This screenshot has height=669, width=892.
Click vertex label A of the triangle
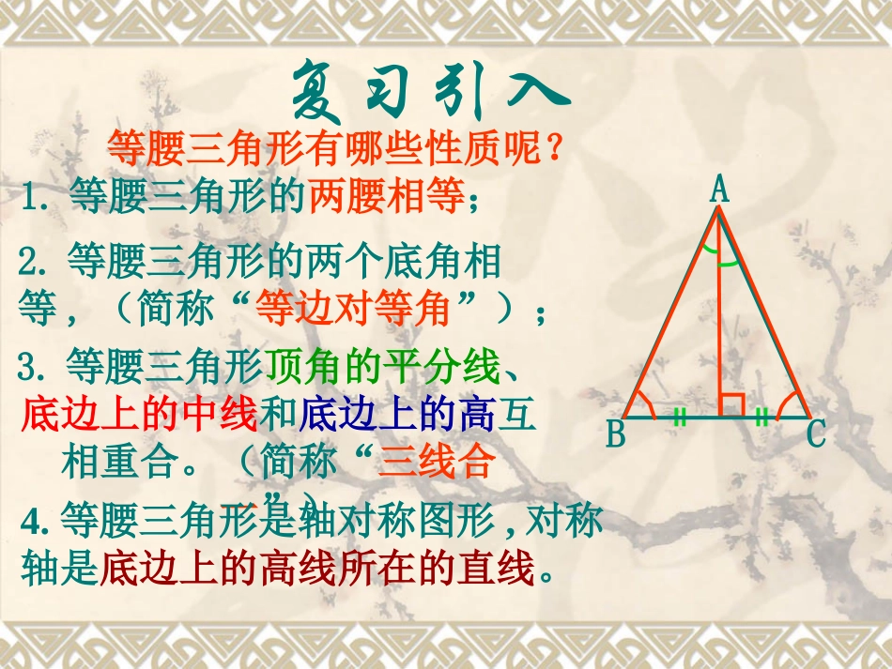pyautogui.click(x=719, y=190)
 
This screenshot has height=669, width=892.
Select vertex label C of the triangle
pyautogui.click(x=817, y=434)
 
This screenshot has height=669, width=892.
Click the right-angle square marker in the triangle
pyautogui.click(x=731, y=405)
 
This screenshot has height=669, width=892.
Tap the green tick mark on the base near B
pyautogui.click(x=680, y=418)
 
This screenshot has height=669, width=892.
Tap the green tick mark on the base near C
pyautogui.click(x=761, y=418)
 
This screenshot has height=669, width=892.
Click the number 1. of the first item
pyautogui.click(x=38, y=199)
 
